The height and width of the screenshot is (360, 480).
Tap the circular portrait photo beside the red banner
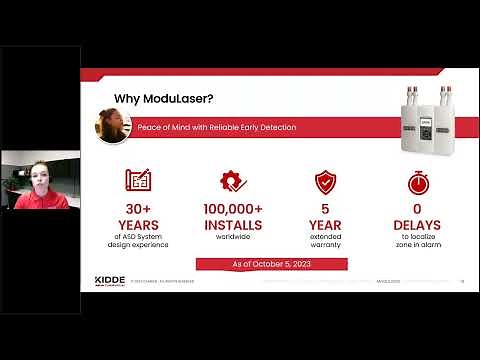[113, 126]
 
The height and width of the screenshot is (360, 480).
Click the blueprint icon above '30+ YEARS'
[138, 182]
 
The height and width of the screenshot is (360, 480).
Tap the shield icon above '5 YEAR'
[324, 182]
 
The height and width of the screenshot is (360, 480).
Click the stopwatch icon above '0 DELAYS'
[418, 183]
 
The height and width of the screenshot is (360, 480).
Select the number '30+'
[138, 208]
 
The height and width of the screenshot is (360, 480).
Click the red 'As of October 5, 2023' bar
[272, 263]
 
